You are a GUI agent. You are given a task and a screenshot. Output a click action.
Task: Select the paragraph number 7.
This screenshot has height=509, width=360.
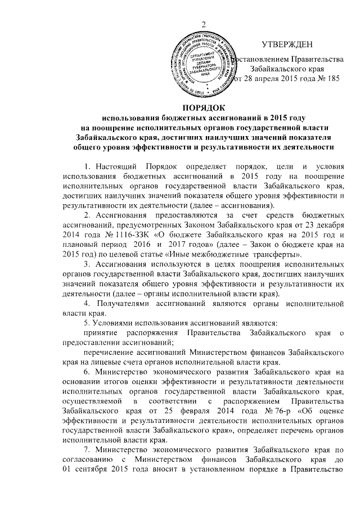(x=85, y=456)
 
